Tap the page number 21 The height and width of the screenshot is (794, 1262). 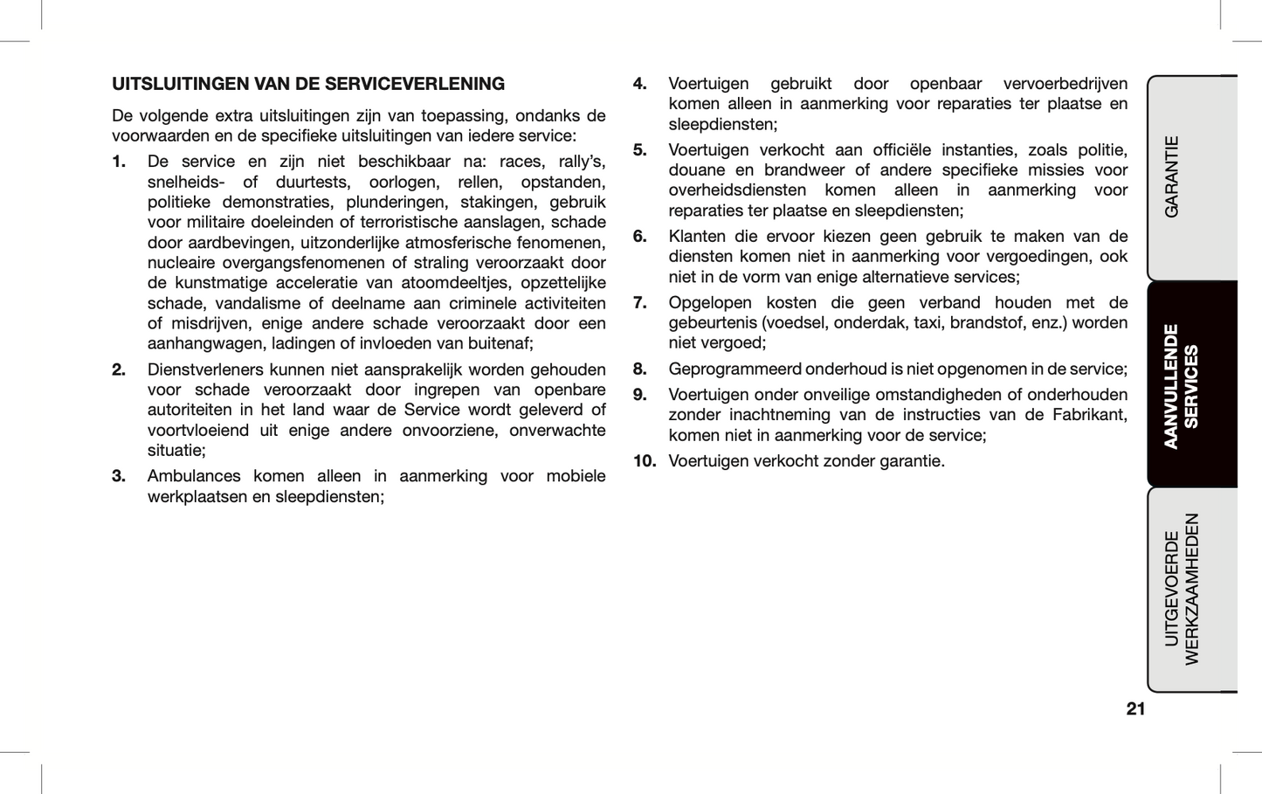coord(1135,708)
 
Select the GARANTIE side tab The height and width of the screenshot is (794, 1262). coord(1172,176)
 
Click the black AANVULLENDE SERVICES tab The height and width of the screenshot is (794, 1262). coord(1181,385)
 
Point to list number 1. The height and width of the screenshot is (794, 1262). coord(119,162)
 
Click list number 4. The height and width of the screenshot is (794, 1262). coord(640,84)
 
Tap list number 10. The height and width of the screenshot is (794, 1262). coord(645,460)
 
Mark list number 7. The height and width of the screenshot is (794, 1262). coord(640,302)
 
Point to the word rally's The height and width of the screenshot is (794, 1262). coord(582,162)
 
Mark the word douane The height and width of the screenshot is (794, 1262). coord(696,170)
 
